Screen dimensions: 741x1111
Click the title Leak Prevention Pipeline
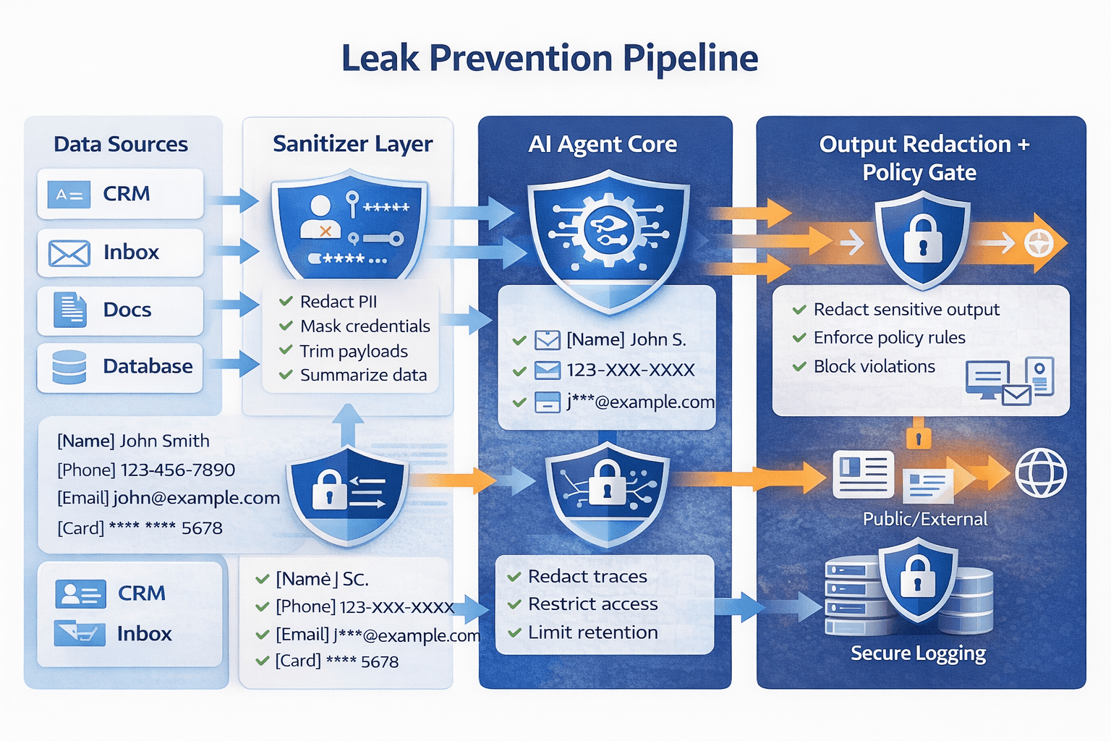click(550, 59)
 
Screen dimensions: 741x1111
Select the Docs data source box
click(120, 310)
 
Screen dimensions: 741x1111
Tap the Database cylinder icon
click(69, 367)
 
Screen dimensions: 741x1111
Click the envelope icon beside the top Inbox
click(69, 253)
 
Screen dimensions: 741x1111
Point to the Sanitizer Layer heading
click(352, 144)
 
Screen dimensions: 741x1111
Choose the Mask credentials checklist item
click(365, 326)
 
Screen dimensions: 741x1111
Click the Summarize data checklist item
click(363, 376)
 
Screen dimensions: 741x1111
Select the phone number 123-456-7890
click(177, 470)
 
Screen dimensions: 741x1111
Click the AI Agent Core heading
click(603, 144)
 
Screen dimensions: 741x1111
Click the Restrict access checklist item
click(592, 604)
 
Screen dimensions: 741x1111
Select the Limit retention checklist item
click(592, 632)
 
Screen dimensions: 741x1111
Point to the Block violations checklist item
click(874, 367)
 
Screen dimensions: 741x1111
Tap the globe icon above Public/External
click(1040, 473)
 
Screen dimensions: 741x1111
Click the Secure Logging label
click(918, 653)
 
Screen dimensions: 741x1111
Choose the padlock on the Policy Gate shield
click(922, 240)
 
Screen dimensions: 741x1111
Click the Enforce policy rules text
click(889, 338)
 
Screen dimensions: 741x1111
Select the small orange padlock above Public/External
click(919, 437)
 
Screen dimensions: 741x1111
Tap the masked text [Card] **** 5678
click(336, 661)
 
